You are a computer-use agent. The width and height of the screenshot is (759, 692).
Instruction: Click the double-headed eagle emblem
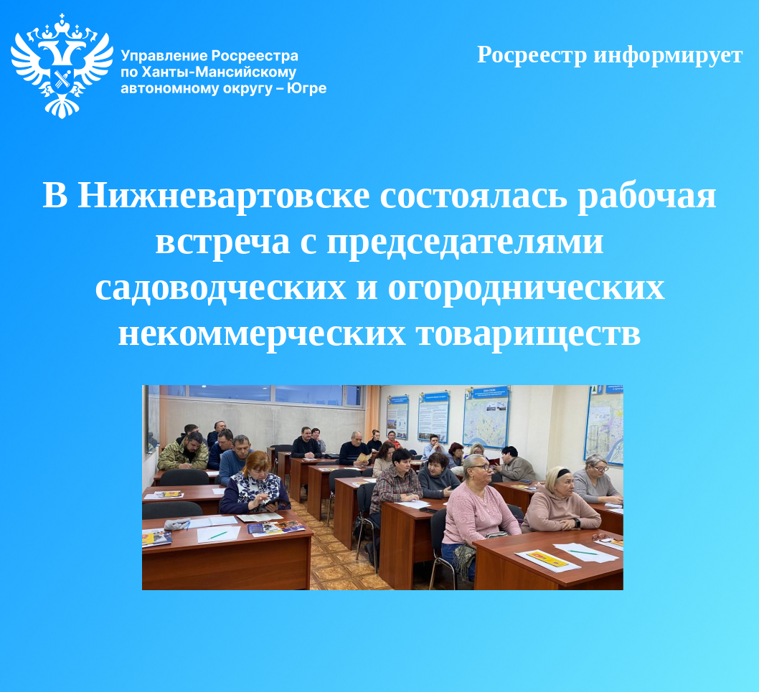[62, 65]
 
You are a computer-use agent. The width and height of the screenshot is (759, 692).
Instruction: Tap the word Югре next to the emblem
[306, 88]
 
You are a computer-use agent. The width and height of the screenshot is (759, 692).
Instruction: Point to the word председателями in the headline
[465, 242]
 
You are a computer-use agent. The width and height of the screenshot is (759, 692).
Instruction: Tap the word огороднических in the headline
[526, 288]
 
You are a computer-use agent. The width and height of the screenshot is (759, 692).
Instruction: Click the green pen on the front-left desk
[217, 534]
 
